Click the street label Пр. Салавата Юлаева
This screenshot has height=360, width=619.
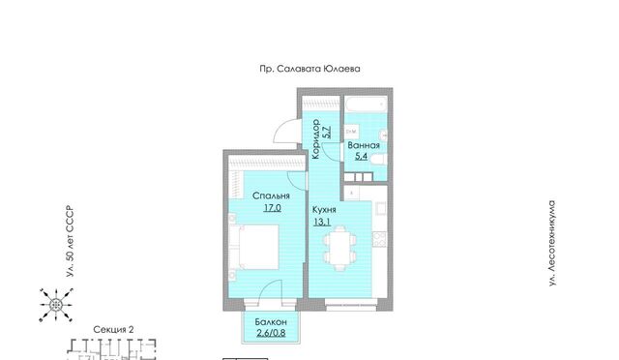click(x=309, y=69)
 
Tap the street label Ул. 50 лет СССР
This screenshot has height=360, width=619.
click(x=71, y=241)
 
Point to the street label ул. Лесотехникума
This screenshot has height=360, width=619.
click(x=552, y=244)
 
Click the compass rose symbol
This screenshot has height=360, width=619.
click(x=56, y=305)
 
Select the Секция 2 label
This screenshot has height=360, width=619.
click(x=114, y=329)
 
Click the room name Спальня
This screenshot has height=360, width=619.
click(x=271, y=196)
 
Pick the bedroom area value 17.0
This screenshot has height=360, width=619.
click(x=273, y=207)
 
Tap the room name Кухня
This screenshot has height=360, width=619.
click(x=324, y=210)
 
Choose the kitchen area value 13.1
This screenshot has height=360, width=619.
click(x=322, y=222)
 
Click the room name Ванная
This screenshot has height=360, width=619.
click(x=364, y=145)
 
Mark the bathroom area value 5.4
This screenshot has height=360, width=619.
click(x=361, y=156)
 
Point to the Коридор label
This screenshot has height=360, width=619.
click(x=315, y=139)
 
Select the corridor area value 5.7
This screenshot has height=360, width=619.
click(x=327, y=132)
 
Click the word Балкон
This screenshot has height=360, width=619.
click(x=271, y=322)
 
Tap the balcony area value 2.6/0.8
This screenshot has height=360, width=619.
click(x=271, y=333)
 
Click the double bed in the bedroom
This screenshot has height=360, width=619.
click(x=254, y=247)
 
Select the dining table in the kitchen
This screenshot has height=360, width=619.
click(x=339, y=248)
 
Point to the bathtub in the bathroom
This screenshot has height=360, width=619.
click(x=367, y=105)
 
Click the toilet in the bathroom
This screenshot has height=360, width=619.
click(x=379, y=160)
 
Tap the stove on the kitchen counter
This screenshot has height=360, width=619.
click(x=379, y=239)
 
